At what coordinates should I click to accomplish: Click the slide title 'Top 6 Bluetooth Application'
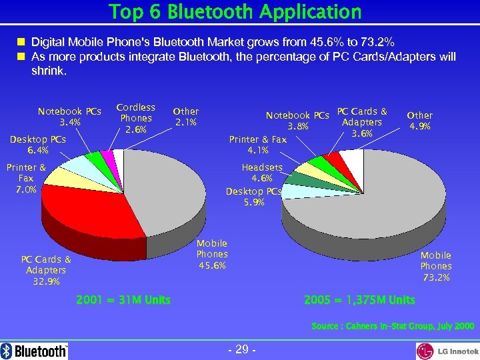(235, 11)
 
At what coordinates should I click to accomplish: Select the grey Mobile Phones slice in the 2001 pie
(167, 200)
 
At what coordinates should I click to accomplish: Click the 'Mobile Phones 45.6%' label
(212, 255)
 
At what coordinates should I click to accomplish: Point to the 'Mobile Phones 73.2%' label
(436, 266)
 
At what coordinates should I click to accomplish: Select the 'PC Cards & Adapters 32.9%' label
(46, 271)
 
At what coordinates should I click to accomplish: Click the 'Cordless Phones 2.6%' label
(135, 118)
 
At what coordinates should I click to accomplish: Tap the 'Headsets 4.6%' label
(262, 173)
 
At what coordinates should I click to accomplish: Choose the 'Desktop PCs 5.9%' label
(253, 197)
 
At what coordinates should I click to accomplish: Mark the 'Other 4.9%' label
(419, 121)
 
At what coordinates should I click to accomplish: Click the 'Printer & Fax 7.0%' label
(26, 179)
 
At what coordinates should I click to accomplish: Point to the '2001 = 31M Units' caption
(123, 300)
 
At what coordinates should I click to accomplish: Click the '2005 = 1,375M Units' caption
(359, 300)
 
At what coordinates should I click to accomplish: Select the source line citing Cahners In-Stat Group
(393, 326)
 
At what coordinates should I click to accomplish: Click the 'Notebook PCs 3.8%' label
(298, 121)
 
